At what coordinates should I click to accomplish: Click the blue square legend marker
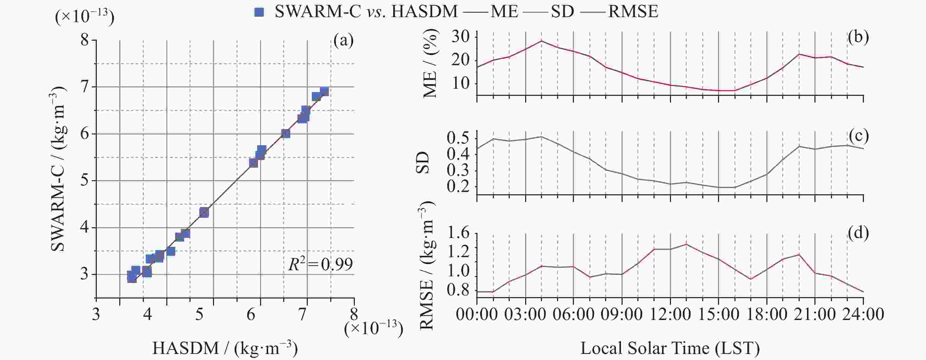259,12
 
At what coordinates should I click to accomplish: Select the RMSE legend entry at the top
633,12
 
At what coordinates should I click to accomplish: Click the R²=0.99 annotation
320,265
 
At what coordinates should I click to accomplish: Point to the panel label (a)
343,41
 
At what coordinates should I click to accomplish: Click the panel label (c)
859,136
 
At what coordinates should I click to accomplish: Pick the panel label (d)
859,233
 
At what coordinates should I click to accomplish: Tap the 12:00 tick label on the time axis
670,314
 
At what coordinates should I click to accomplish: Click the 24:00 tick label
863,314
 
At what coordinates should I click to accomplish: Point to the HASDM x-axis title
225,348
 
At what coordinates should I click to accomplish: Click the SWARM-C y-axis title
57,169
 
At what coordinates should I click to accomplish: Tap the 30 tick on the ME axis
461,37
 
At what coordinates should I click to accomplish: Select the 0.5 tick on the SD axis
458,138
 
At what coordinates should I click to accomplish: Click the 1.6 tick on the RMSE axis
458,234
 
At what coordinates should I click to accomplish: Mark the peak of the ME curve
541,41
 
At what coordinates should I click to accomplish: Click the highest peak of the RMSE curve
686,244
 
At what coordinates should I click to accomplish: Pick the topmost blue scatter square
324,91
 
